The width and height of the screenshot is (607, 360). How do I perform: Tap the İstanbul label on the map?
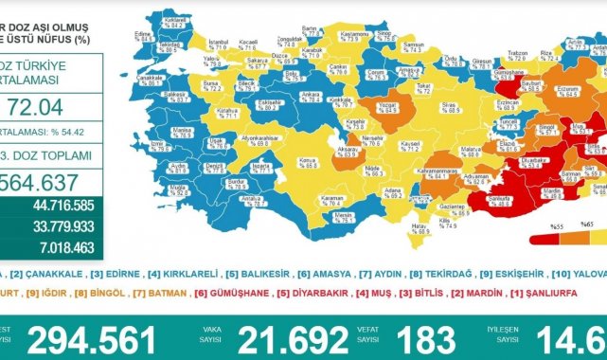coord(220,45)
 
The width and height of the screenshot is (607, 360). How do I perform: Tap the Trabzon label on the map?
coord(516,53)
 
